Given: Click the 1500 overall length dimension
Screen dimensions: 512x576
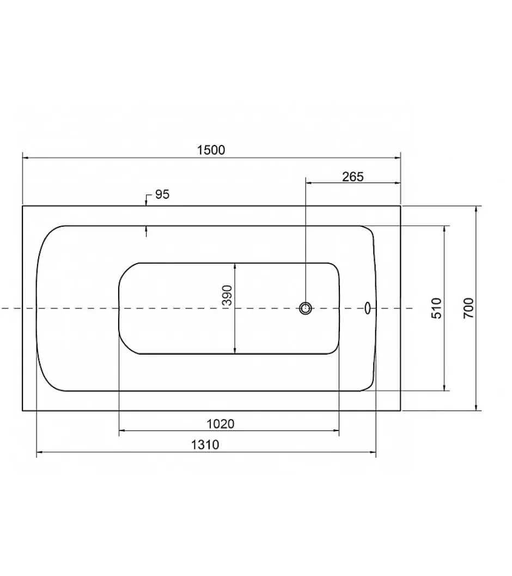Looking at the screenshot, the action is [x=211, y=150].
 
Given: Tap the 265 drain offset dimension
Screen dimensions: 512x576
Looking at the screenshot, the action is [x=352, y=177].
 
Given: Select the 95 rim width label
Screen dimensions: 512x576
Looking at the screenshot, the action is [x=162, y=195].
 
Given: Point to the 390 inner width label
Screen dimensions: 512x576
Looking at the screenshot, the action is [x=228, y=295].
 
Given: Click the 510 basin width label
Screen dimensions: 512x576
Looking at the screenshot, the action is [x=436, y=308].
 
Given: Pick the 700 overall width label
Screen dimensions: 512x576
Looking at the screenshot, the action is [x=468, y=308].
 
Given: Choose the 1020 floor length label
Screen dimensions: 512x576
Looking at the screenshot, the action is [x=221, y=424].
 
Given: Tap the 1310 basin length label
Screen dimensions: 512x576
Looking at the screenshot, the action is [x=205, y=445].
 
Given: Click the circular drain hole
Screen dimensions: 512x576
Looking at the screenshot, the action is [x=305, y=308].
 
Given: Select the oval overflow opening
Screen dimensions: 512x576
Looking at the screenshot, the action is [x=368, y=308].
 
